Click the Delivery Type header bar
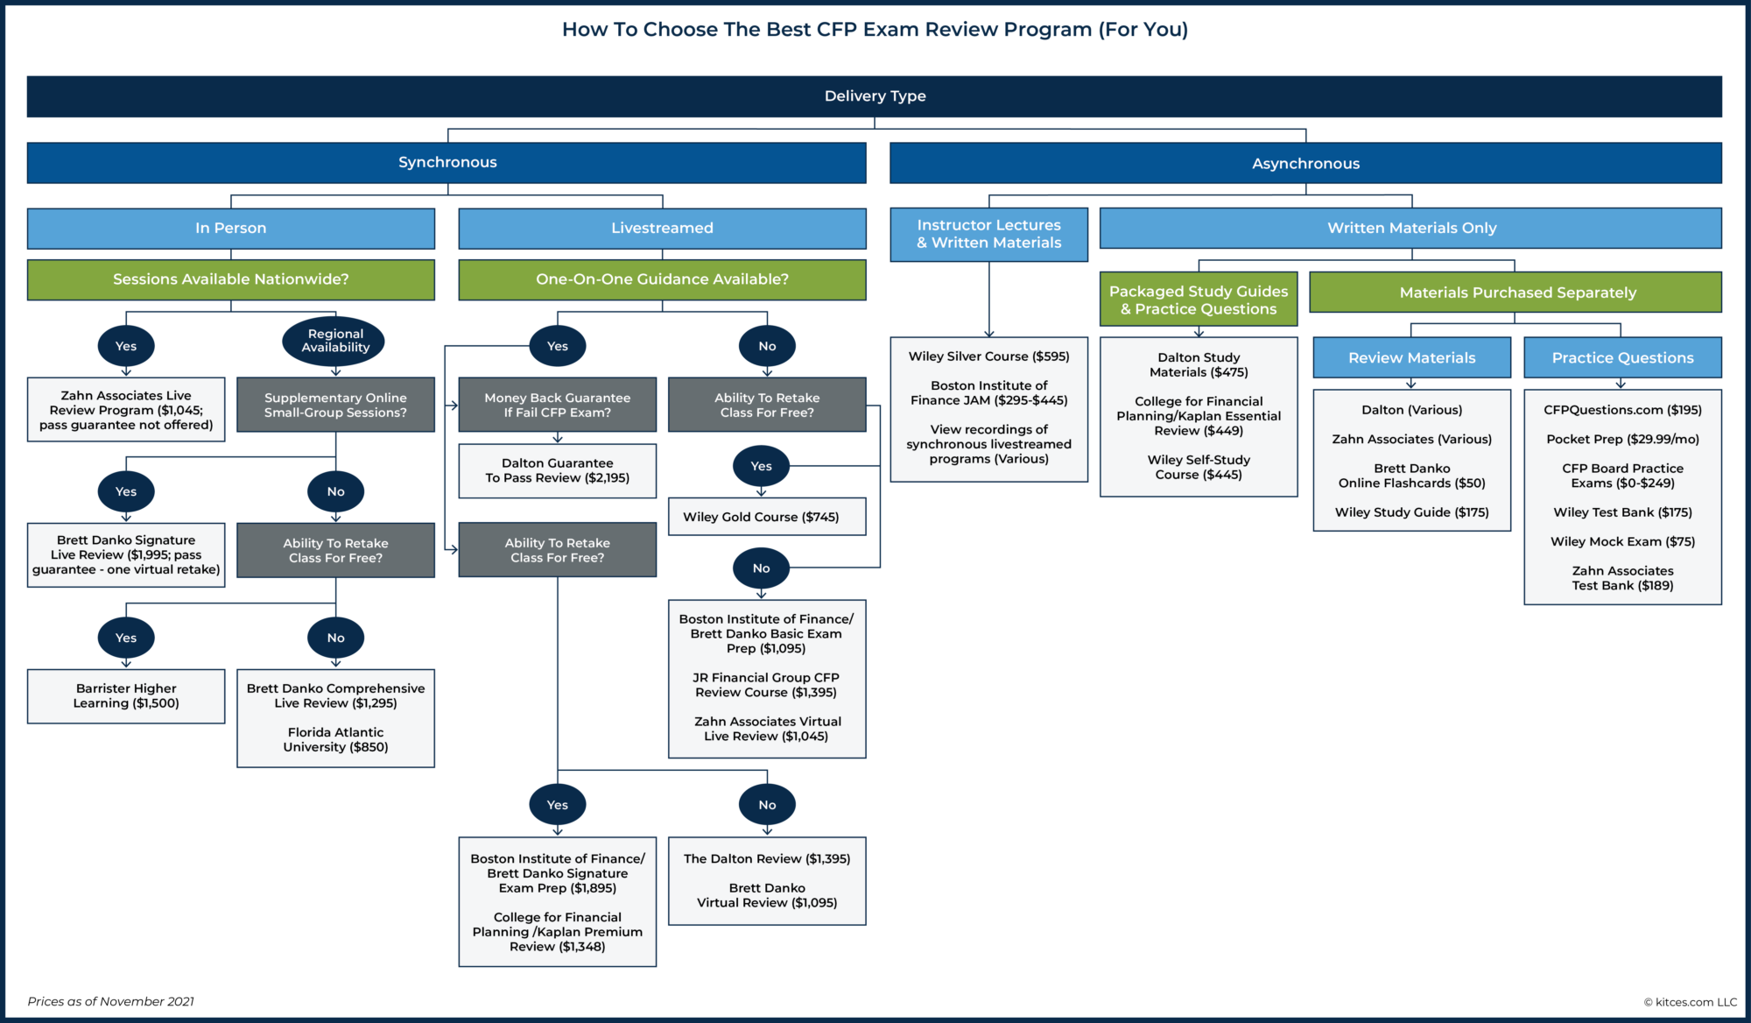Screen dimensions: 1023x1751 coord(874,96)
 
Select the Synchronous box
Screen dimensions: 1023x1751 coord(447,162)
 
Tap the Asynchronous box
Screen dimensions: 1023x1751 coord(1304,163)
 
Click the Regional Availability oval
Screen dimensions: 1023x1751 coord(335,341)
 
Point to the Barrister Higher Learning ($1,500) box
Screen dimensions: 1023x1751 coord(126,696)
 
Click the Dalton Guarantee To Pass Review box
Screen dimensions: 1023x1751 coord(557,470)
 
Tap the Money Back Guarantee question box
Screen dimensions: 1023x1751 coord(557,405)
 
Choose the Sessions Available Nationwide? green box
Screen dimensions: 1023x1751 coord(230,279)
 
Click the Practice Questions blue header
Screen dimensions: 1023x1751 coord(1621,357)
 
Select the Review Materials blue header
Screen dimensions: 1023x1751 coord(1411,357)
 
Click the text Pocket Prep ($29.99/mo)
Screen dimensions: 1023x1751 coord(1621,439)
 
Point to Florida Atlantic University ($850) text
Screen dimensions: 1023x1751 coord(335,739)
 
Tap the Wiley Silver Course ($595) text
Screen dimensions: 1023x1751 coord(988,356)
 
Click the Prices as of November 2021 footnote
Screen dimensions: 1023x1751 coord(111,1001)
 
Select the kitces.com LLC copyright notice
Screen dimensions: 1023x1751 coord(1689,1002)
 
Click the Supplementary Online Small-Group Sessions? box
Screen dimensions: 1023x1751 coord(335,405)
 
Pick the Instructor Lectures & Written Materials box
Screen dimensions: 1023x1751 coord(988,234)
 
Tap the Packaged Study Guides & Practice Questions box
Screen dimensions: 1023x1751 coord(1198,300)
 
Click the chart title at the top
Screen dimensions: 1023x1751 coord(874,30)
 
